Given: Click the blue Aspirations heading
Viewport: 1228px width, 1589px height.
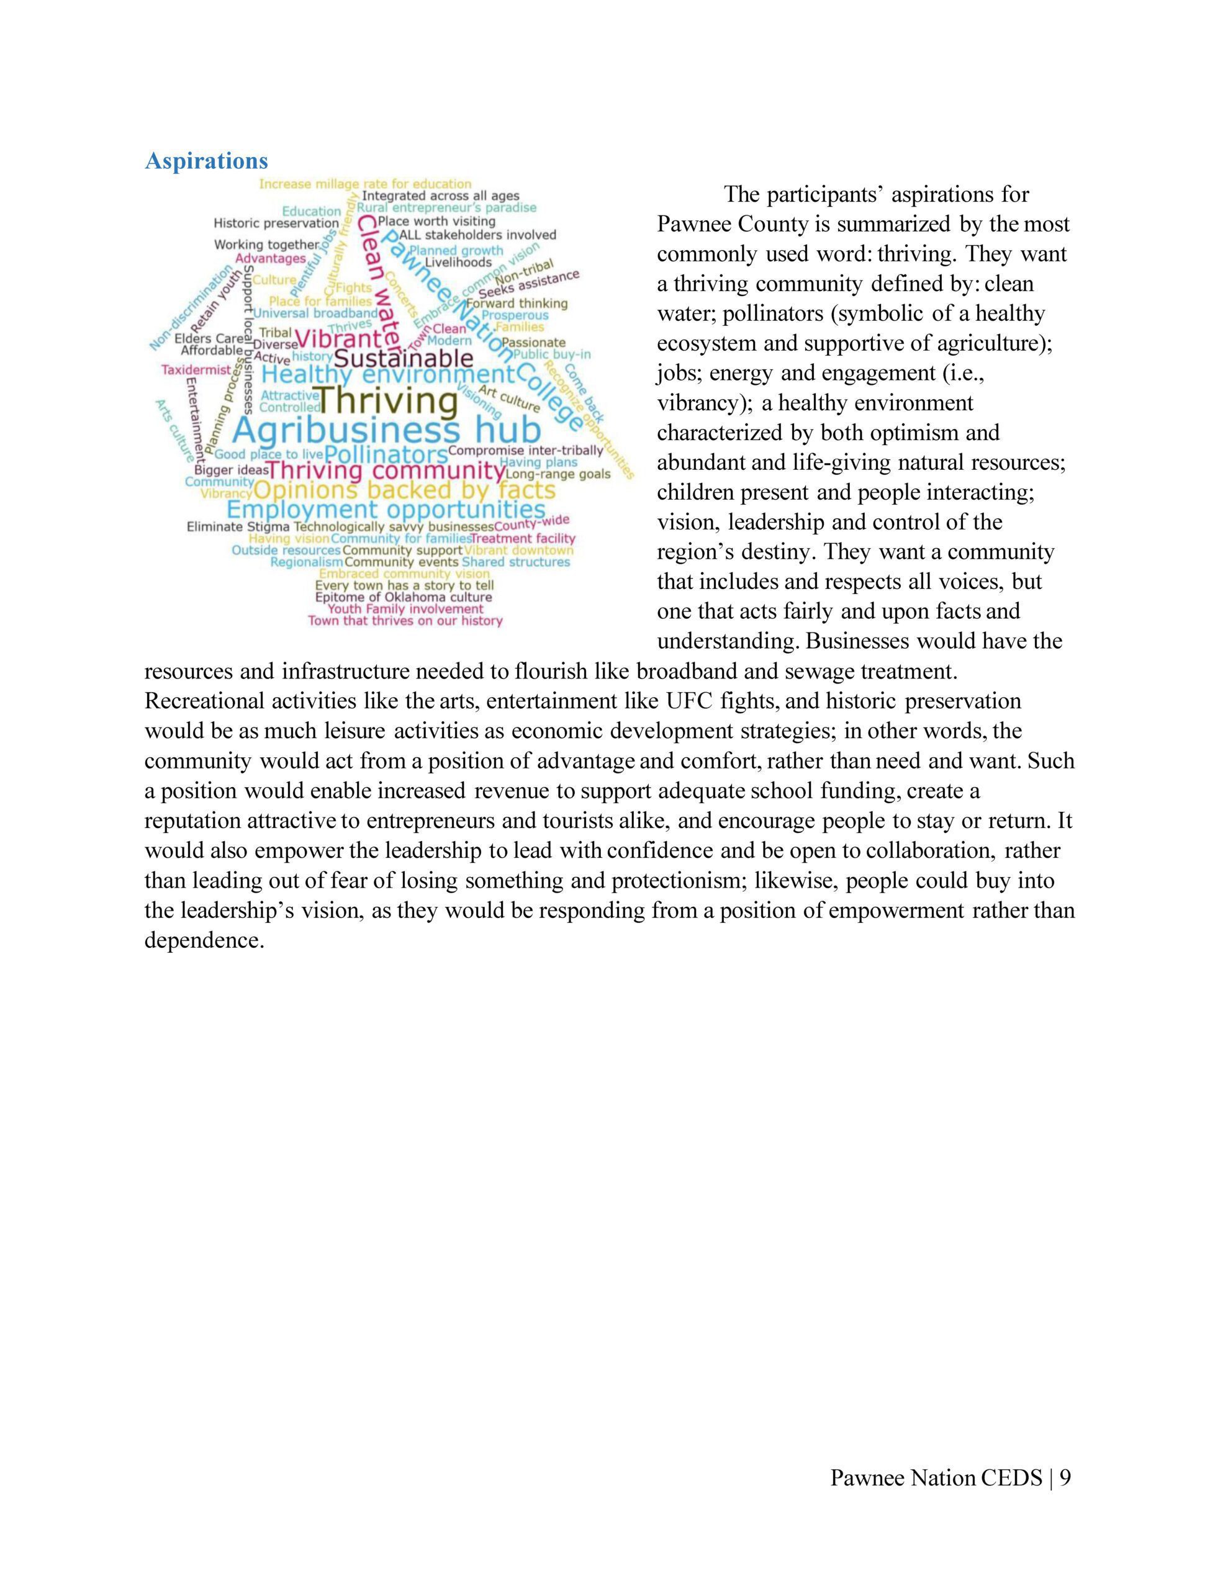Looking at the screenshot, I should coord(206,161).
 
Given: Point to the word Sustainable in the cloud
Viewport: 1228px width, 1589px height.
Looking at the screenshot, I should coord(404,359).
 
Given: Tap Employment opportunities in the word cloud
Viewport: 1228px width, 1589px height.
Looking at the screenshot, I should coord(387,510).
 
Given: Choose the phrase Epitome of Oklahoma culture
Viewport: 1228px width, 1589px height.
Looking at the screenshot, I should coord(404,597).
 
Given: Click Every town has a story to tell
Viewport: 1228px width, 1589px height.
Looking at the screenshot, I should coord(404,585).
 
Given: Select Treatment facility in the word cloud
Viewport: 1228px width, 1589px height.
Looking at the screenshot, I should coord(523,538).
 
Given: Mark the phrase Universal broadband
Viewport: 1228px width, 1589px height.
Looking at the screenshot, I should coord(315,313).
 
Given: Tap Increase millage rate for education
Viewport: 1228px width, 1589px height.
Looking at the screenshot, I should coord(364,184).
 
